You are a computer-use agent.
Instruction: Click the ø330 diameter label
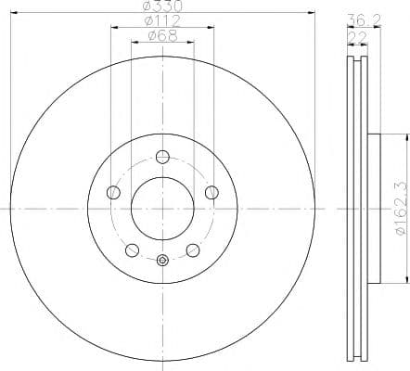click(163, 7)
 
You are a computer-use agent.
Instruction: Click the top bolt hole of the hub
click(163, 156)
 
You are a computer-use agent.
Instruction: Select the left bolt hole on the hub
click(114, 192)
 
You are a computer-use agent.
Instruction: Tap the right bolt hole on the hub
click(212, 192)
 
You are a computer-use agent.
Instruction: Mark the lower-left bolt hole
click(133, 249)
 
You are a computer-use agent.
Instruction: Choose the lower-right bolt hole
click(194, 249)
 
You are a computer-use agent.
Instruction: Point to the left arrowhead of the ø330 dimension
click(14, 15)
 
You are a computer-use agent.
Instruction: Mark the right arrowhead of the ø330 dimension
click(313, 15)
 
